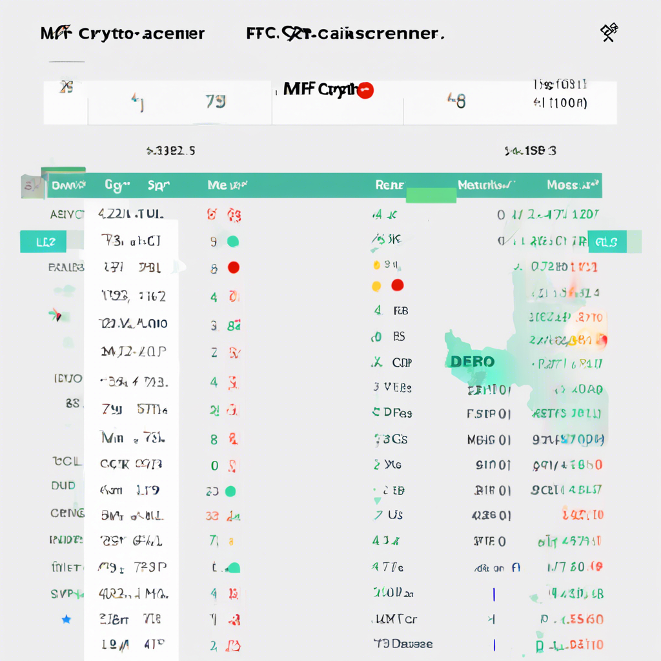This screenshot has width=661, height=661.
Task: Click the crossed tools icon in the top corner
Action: pos(609,32)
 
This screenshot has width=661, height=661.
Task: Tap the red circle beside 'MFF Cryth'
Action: pos(365,90)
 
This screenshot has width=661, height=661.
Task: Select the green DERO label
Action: pos(473,361)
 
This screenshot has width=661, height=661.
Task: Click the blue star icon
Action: pos(66,620)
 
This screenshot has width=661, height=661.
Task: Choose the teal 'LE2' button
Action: pos(43,242)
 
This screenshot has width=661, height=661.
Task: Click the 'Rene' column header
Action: pos(389,185)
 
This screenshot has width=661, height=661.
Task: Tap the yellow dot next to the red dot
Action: pos(376,285)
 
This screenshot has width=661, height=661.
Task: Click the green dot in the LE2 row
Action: pos(233,242)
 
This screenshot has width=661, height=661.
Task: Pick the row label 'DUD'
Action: pos(63,486)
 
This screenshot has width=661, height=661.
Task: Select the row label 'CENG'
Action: pos(67,514)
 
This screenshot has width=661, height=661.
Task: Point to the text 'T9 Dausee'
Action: pos(403,644)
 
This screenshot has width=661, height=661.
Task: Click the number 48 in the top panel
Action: pos(456,100)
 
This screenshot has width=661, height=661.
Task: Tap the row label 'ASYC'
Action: pos(66,214)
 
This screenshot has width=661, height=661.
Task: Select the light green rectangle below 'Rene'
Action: pos(431,196)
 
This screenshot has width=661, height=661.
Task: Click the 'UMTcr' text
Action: pos(395,619)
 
